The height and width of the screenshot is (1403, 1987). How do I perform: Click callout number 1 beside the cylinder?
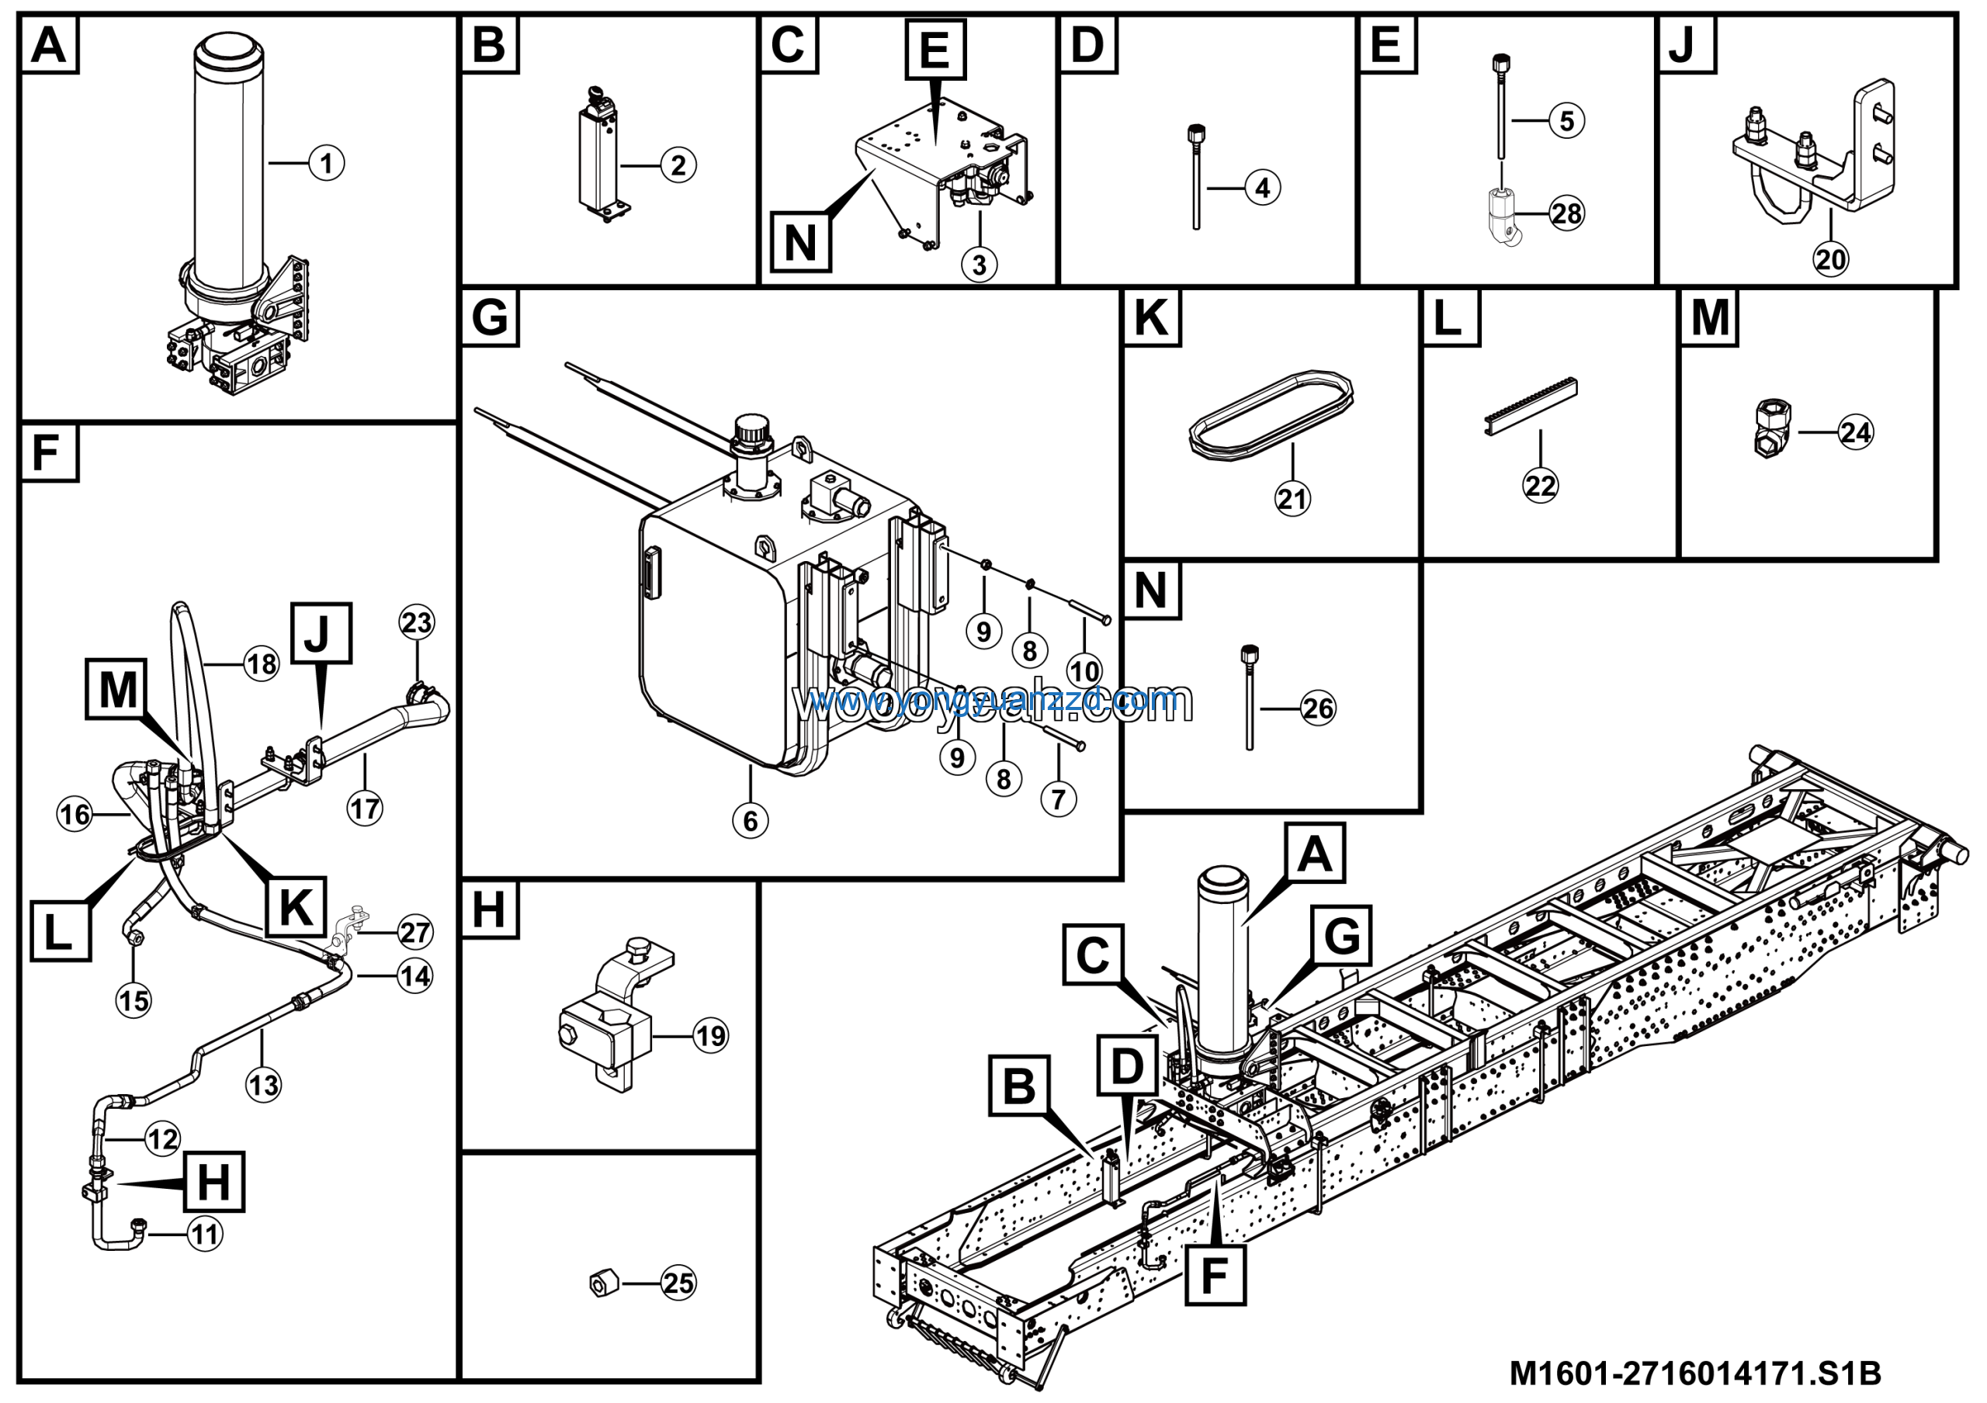[x=326, y=163]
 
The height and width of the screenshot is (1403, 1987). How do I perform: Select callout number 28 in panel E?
[x=1566, y=213]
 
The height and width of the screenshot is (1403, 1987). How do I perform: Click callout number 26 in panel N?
[x=1318, y=708]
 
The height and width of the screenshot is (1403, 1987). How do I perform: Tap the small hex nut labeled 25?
[x=604, y=1283]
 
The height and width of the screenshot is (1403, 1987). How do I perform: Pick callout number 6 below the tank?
[x=751, y=820]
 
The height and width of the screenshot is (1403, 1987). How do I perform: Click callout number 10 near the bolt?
[x=1084, y=670]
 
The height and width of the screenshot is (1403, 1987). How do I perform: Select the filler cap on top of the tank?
[x=751, y=430]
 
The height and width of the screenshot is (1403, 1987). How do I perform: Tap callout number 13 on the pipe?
[x=264, y=1084]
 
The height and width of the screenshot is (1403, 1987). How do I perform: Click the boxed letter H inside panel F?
[x=213, y=1182]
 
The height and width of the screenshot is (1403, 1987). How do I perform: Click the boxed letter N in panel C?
[x=799, y=243]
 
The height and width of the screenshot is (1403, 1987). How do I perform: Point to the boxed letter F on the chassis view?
[x=1214, y=1275]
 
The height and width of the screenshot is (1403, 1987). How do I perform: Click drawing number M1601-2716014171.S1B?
[x=1694, y=1373]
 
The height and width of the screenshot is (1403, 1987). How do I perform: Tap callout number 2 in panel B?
[x=678, y=165]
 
